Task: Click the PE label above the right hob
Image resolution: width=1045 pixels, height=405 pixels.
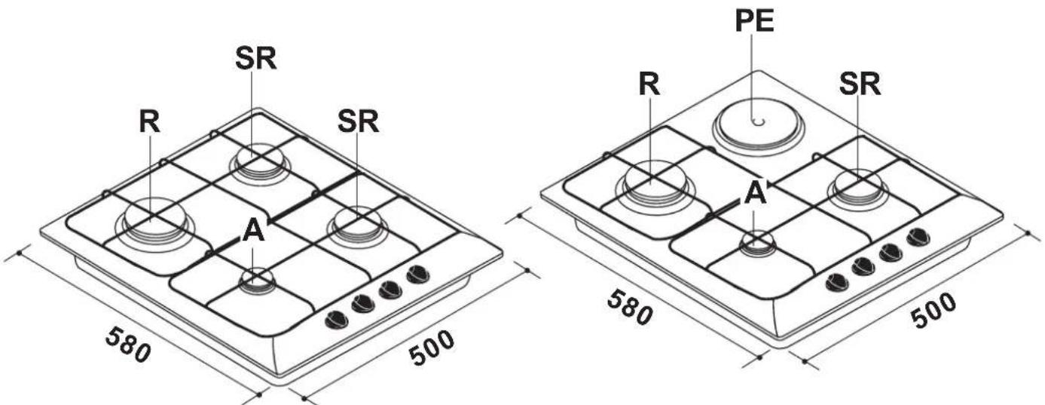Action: coord(754,21)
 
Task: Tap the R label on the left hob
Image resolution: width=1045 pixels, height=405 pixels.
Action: coord(150,121)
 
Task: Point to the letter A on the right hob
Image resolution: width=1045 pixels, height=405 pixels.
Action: coord(755,192)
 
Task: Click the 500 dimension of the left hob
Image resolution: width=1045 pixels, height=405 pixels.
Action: coord(432,347)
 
